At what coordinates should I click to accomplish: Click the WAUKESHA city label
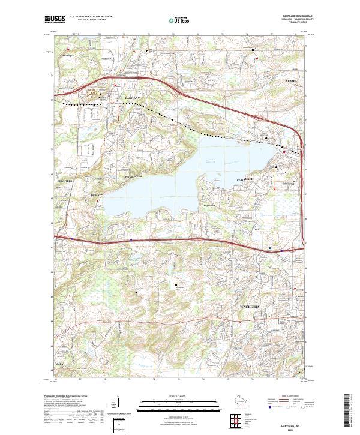coord(250,307)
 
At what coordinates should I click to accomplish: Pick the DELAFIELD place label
coord(65,179)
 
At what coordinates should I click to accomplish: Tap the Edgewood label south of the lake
coord(209,205)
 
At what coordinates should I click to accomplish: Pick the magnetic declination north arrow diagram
coord(125,409)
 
